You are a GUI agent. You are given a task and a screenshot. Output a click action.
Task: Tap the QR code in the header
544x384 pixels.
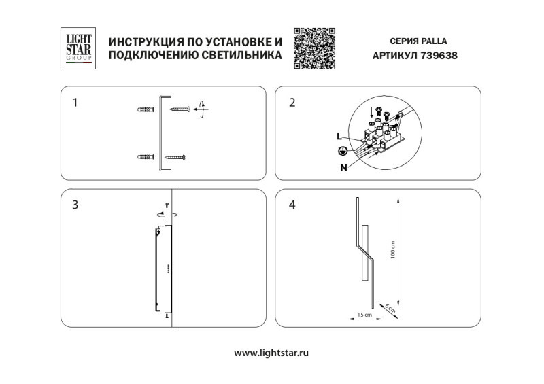[314, 48]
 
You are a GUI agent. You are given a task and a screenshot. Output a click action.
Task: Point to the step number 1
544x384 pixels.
[75, 103]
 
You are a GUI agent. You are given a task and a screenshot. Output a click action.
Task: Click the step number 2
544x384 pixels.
[292, 103]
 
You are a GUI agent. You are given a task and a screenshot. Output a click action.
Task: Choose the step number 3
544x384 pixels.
[75, 205]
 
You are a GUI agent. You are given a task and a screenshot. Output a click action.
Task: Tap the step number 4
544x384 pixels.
[292, 205]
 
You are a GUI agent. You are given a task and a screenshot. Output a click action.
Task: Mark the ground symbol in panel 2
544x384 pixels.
[344, 150]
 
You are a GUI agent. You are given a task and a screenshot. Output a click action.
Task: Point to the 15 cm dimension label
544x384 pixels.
[365, 315]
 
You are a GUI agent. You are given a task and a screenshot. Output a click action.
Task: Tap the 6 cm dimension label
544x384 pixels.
[388, 308]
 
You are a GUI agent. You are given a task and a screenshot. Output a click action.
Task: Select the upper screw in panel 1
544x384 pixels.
[180, 108]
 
